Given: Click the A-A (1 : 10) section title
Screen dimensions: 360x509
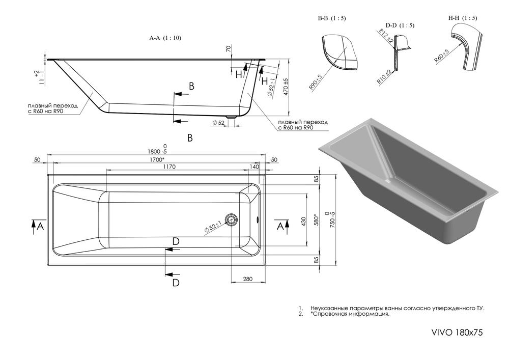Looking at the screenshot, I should click(x=165, y=38).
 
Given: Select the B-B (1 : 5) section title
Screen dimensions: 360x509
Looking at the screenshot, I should click(x=332, y=19).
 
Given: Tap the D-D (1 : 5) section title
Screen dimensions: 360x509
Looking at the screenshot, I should click(x=400, y=25).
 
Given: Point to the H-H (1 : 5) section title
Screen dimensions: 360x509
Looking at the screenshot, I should click(x=463, y=18).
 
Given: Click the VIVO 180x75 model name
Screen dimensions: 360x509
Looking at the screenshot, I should click(x=456, y=332).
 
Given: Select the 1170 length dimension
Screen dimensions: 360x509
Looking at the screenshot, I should click(x=169, y=167).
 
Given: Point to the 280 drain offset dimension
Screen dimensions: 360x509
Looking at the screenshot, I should click(x=248, y=279).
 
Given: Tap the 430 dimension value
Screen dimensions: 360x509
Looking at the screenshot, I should click(x=304, y=222).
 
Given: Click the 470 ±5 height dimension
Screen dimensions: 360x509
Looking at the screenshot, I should click(x=286, y=87).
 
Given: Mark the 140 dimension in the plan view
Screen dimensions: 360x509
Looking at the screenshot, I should click(x=254, y=167).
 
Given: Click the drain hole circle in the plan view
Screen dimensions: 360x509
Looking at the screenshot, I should click(x=232, y=219).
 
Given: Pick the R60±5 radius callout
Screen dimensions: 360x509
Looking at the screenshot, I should click(x=441, y=56).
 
